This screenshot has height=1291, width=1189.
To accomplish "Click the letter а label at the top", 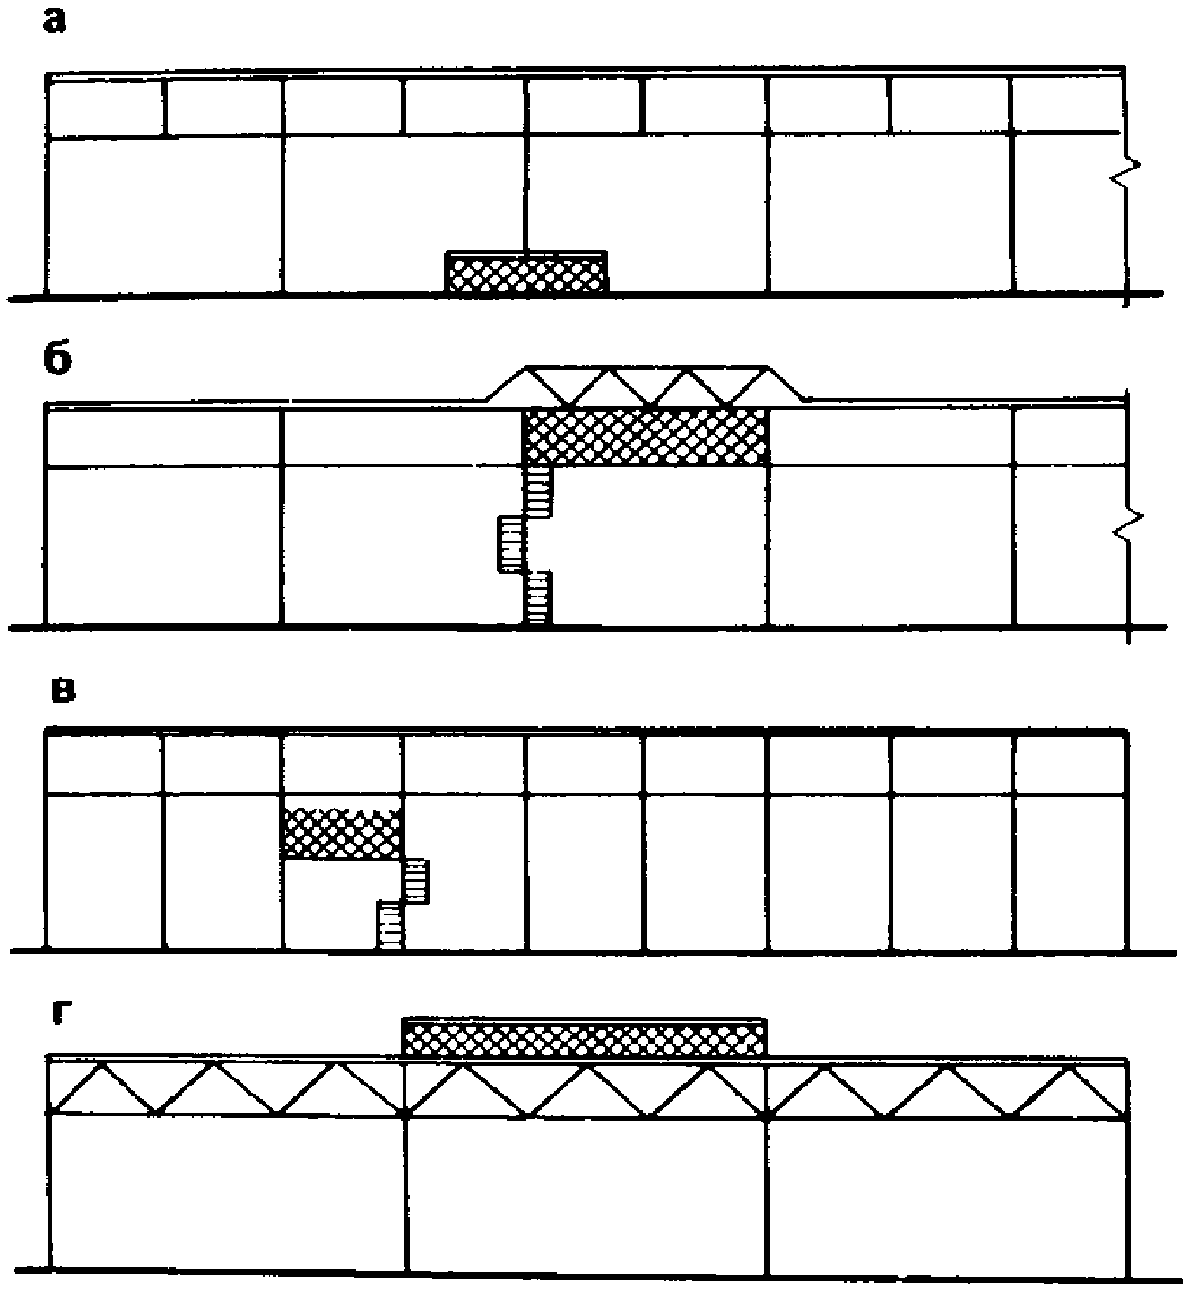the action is pyautogui.click(x=55, y=22).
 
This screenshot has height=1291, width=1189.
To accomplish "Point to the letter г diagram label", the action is pyautogui.click(x=60, y=1017).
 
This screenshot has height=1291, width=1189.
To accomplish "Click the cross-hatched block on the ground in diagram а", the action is pyautogui.click(x=527, y=273).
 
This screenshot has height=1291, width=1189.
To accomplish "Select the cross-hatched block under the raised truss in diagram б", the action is pyautogui.click(x=645, y=436).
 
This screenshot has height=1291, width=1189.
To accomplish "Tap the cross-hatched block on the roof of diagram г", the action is pyautogui.click(x=585, y=1039).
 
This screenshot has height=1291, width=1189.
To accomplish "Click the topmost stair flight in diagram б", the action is pyautogui.click(x=538, y=491).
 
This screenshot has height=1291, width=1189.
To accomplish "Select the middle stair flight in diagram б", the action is pyautogui.click(x=512, y=543).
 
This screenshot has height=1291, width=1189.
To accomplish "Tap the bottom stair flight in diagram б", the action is pyautogui.click(x=538, y=598).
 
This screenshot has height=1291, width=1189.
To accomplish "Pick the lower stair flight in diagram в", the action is pyautogui.click(x=389, y=924).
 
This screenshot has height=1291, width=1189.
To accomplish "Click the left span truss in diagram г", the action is pyautogui.click(x=224, y=1087).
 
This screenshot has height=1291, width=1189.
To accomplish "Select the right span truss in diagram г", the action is pyautogui.click(x=947, y=1089).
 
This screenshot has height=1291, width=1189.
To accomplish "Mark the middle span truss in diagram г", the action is pyautogui.click(x=586, y=1088).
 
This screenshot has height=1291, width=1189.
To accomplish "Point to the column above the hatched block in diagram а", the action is pyautogui.click(x=526, y=194).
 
